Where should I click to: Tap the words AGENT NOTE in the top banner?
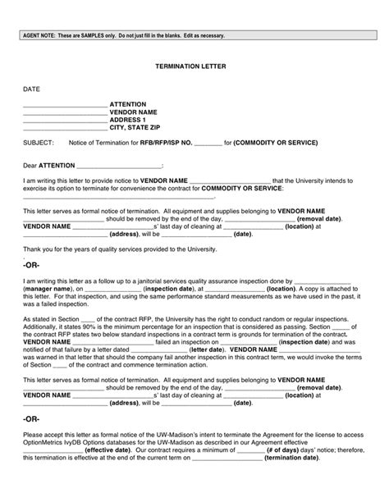coord(40,36)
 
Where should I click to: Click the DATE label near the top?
coord(31,87)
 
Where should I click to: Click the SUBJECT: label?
coord(39,144)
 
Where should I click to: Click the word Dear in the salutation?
coord(30,165)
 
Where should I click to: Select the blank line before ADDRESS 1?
coord(65,120)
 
